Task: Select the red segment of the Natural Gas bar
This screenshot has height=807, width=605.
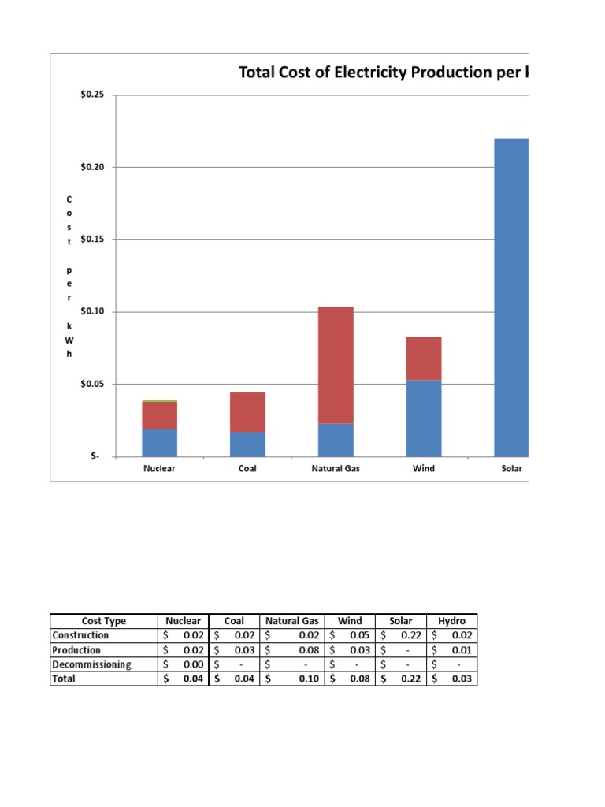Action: point(336,364)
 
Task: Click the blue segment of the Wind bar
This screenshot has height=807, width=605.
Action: point(424,418)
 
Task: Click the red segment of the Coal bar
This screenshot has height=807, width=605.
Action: point(248,411)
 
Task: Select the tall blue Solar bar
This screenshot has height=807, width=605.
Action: point(511,298)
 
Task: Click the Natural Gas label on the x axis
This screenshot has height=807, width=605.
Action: point(336,469)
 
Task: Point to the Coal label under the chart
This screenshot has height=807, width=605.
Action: point(247,469)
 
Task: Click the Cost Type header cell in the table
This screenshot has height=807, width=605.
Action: point(103,621)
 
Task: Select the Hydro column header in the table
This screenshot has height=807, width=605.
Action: point(452,621)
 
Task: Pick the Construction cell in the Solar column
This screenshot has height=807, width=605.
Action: point(403,635)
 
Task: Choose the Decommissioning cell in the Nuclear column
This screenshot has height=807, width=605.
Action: point(183,664)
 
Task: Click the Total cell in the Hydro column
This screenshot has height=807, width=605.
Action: point(452,679)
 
